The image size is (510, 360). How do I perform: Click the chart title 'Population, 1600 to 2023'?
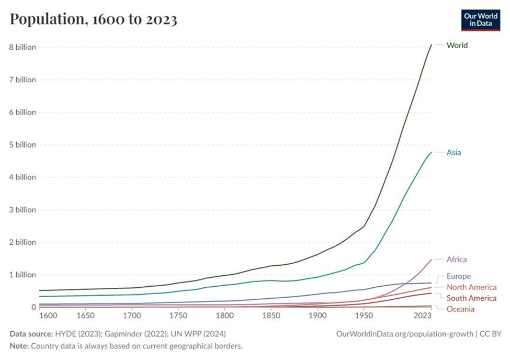point(94,20)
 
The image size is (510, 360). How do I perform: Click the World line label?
point(457,46)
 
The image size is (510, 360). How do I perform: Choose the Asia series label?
point(454,153)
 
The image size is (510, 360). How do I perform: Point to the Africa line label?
point(457,260)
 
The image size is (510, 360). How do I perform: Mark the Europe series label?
point(458,276)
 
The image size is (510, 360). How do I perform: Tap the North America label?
point(471,287)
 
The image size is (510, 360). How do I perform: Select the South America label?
point(471,298)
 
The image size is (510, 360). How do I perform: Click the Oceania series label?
point(460,309)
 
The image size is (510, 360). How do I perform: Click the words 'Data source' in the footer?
point(29,334)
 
